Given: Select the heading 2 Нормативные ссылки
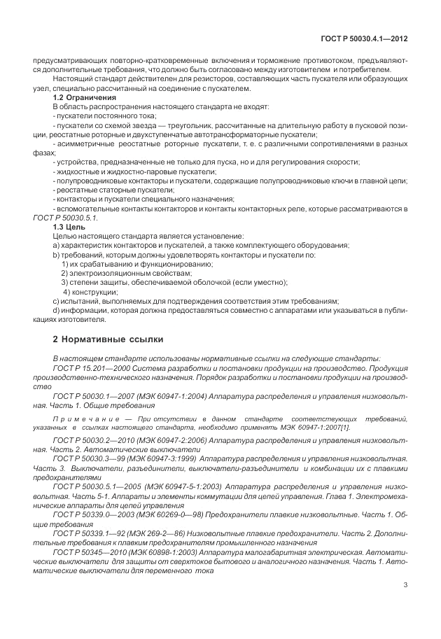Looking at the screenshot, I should point(108,339).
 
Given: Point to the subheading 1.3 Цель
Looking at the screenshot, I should point(70,227).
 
